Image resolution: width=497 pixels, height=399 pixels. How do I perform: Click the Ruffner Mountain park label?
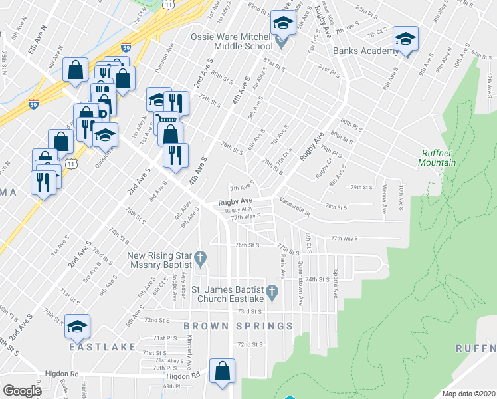pos(438,158)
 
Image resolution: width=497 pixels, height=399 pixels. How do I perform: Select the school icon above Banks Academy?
pos(405,39)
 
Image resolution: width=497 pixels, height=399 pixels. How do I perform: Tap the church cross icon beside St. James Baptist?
pos(271,291)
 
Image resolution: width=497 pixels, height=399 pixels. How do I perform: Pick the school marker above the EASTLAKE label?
pos(77,326)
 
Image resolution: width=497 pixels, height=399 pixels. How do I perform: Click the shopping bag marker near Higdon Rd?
pos(222,371)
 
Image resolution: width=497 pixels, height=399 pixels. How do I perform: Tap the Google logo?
pos(23,391)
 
